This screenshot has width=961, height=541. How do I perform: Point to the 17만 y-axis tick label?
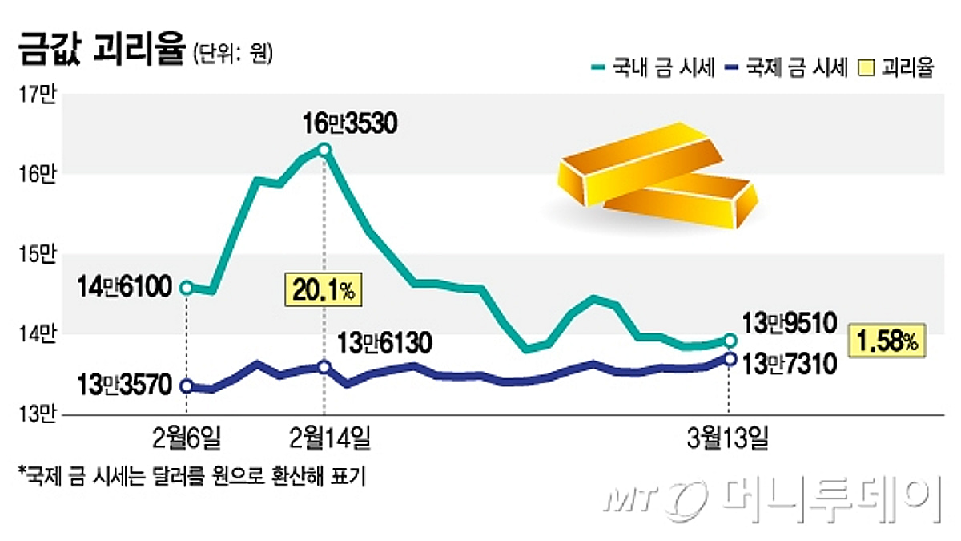(x=37, y=95)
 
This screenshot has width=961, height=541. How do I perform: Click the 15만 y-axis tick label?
(x=37, y=255)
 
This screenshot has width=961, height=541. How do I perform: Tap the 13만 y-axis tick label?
(x=37, y=414)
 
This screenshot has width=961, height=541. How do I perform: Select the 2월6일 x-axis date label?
(x=186, y=439)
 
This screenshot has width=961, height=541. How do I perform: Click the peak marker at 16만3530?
(x=324, y=150)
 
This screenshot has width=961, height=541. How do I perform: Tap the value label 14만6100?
(x=127, y=286)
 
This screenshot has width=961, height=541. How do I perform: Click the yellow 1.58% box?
(x=887, y=341)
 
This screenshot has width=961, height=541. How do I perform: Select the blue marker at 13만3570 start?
(x=186, y=386)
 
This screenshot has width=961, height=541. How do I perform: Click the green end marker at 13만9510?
(x=730, y=340)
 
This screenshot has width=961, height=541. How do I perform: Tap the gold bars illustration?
(x=657, y=176)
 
